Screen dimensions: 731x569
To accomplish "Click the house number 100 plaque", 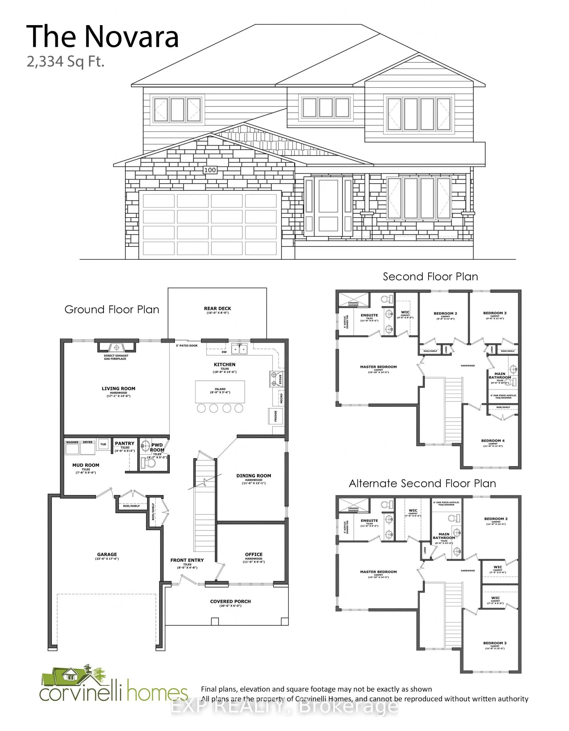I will pos(210,170).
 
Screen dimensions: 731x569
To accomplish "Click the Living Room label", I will pos(119,389).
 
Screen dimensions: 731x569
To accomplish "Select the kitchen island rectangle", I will pos(220,391).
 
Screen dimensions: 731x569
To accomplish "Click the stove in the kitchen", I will pos(277,379).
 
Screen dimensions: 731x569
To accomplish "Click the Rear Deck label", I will pos(217,308).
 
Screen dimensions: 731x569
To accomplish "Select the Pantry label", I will pos(125,443).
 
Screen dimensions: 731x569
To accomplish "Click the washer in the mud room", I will pos(72,448).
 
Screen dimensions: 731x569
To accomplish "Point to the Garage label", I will pos(107,554).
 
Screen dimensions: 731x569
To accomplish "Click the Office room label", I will pos(253,554).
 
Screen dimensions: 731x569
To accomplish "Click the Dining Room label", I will pos(253,476).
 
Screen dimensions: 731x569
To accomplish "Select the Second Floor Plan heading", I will pos(430,277).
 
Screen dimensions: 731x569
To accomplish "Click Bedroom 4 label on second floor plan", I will pos(493,441).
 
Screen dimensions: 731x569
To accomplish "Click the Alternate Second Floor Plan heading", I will pos(422,483).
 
